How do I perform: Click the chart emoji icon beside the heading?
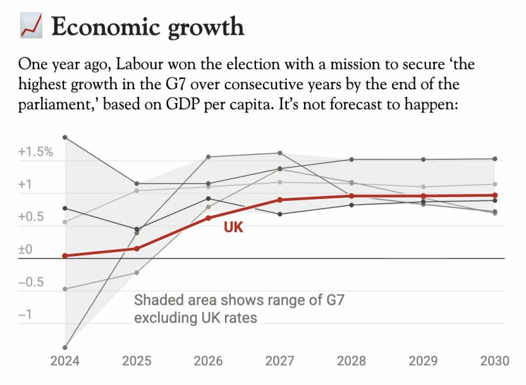pyautogui.click(x=31, y=26)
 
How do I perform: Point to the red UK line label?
pyautogui.click(x=233, y=227)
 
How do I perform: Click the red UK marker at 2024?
pyautogui.click(x=65, y=255)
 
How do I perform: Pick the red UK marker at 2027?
pyautogui.click(x=279, y=200)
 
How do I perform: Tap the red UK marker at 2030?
pyautogui.click(x=495, y=195)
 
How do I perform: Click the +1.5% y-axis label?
pyautogui.click(x=35, y=152)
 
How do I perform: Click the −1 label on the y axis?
pyautogui.click(x=24, y=315)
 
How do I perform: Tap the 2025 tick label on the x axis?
pyautogui.click(x=137, y=361)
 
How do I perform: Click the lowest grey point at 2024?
pyautogui.click(x=65, y=348)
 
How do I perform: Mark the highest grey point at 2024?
pyautogui.click(x=65, y=137)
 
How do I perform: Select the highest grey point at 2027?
pyautogui.click(x=279, y=153)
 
